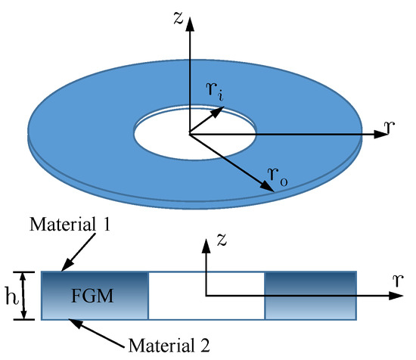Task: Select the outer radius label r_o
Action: pos(277,175)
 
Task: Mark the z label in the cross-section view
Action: pos(219,241)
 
